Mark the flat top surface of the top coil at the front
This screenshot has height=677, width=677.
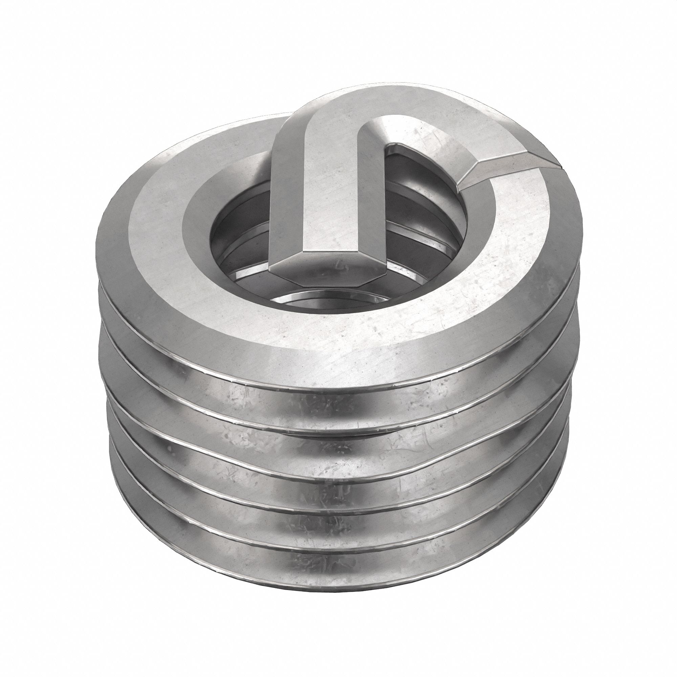click(350, 343)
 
